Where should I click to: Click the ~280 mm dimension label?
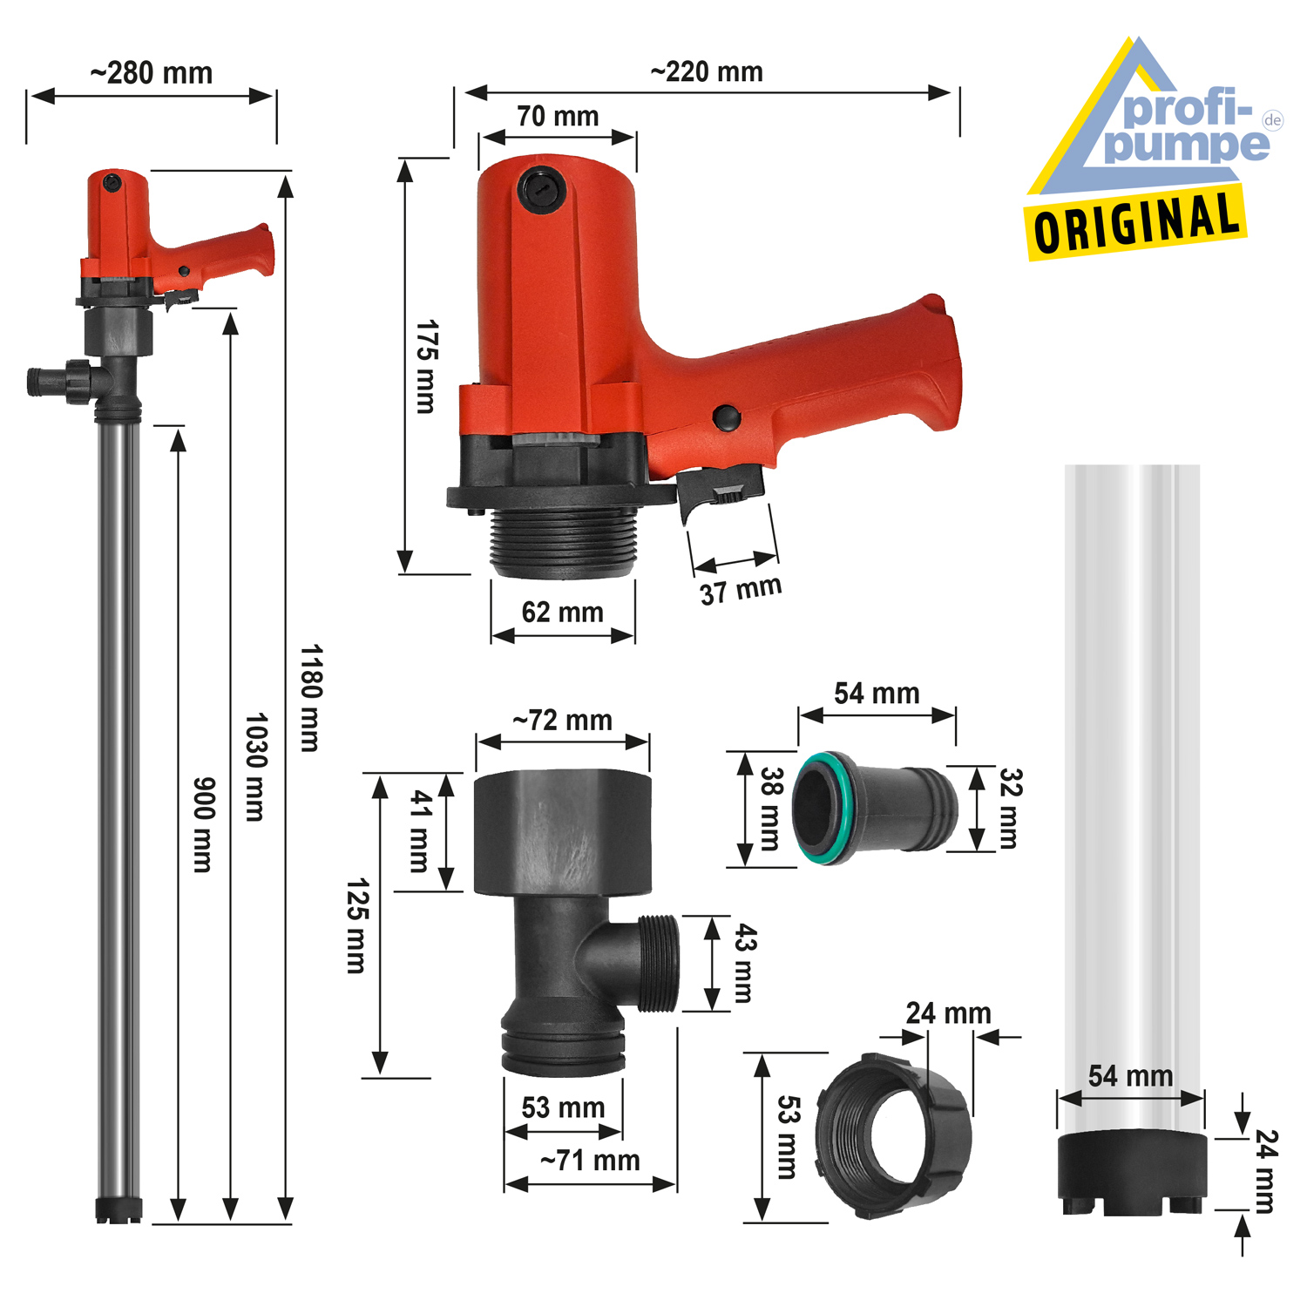click(x=152, y=73)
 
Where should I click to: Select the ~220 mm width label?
click(x=707, y=71)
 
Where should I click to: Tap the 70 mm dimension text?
click(x=558, y=116)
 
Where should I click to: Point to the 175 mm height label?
click(x=426, y=366)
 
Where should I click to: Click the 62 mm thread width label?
click(x=562, y=613)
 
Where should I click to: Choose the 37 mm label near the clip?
click(x=741, y=590)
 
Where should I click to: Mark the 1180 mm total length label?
click(x=310, y=698)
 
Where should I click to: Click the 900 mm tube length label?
click(x=202, y=824)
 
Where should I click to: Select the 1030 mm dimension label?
click(x=255, y=767)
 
